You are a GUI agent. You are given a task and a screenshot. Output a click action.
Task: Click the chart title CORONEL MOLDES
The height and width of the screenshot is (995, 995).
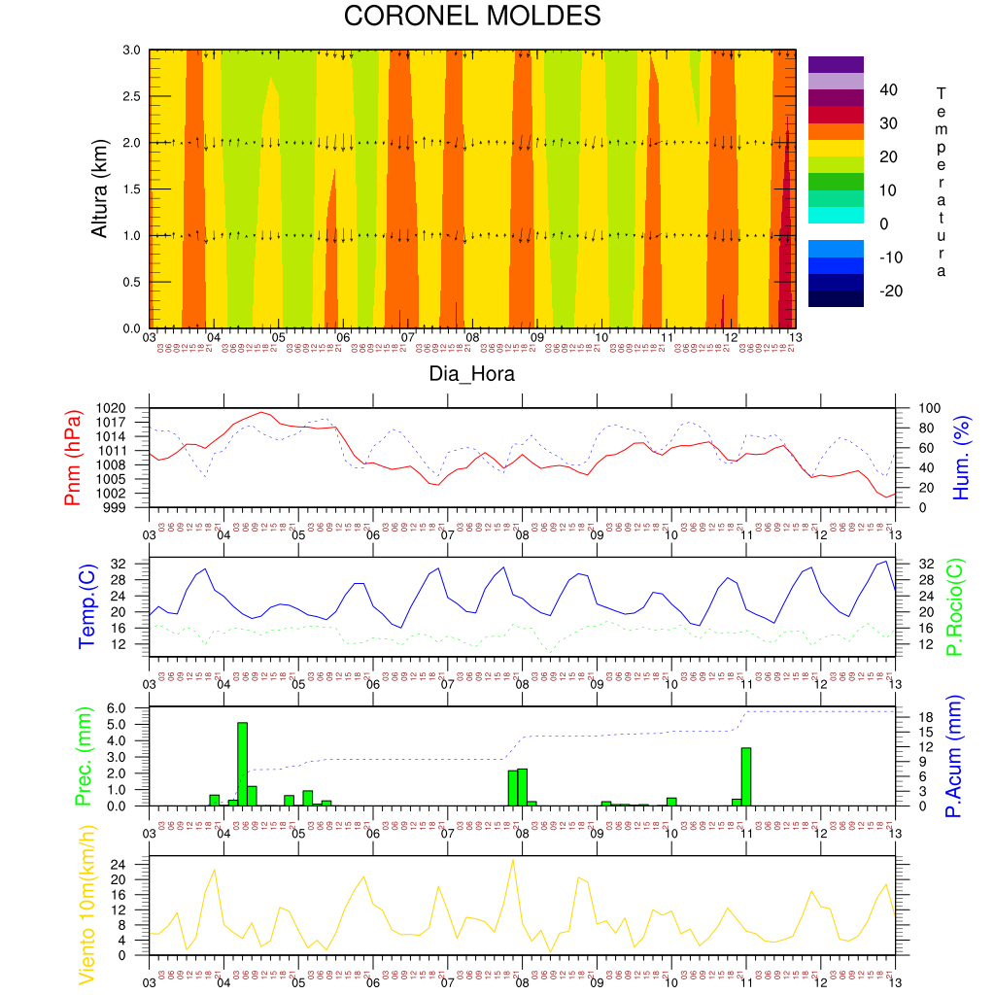coord(472,17)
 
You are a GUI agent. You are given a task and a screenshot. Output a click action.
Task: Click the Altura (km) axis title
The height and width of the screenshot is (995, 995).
coord(99,189)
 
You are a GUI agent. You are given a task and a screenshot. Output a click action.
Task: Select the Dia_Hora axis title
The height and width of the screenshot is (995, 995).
coord(472,373)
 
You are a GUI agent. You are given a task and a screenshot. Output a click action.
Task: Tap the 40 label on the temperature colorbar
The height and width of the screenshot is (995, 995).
coord(889,90)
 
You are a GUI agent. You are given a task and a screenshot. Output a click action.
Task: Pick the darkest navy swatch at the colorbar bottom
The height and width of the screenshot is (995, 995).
coord(836,299)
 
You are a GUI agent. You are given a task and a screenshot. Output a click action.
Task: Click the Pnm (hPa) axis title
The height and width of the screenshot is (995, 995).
coord(72,458)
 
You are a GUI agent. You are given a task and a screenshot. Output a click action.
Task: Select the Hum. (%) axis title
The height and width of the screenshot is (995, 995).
coord(961,458)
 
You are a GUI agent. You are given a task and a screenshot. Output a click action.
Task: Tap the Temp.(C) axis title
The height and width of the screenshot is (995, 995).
coord(87,606)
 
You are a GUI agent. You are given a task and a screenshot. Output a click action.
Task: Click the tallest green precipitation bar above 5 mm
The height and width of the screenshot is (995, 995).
coord(242,764)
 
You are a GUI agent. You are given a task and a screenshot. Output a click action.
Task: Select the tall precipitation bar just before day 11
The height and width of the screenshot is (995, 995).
coord(746,775)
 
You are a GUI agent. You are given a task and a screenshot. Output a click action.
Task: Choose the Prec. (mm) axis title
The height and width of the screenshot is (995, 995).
coord(84,756)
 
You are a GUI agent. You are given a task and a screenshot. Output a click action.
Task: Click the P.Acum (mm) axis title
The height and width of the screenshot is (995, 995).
coord(953,756)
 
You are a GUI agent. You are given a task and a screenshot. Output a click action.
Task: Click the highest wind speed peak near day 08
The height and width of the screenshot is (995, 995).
coord(513,860)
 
